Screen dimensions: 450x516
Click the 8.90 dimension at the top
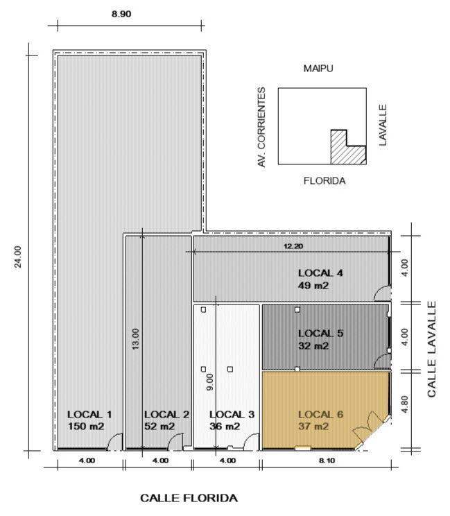[121, 14]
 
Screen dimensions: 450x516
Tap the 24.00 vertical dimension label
[18, 257]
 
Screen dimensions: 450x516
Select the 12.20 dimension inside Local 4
[293, 246]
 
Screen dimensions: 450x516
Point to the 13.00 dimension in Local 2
[135, 339]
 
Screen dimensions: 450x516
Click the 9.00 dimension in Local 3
[209, 382]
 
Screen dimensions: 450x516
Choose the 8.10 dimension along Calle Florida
[327, 461]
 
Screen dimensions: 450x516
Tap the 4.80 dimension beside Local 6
[405, 404]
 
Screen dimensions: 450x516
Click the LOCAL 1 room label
[89, 414]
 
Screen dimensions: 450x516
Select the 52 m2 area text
[159, 427]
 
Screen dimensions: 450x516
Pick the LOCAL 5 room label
[321, 334]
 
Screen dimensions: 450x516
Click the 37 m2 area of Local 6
[313, 427]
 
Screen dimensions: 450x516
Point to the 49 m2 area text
[313, 285]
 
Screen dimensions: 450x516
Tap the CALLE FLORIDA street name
[189, 498]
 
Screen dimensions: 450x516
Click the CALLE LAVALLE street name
[431, 349]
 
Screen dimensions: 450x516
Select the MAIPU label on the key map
[318, 69]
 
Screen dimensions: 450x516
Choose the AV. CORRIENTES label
[261, 128]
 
